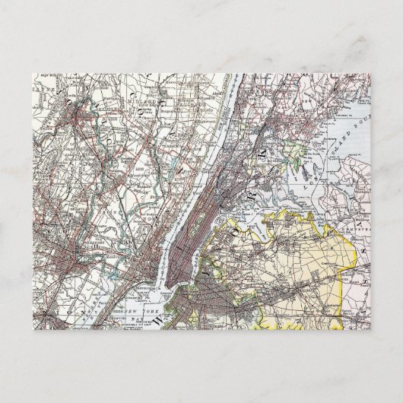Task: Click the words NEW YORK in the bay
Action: coord(141,313)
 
